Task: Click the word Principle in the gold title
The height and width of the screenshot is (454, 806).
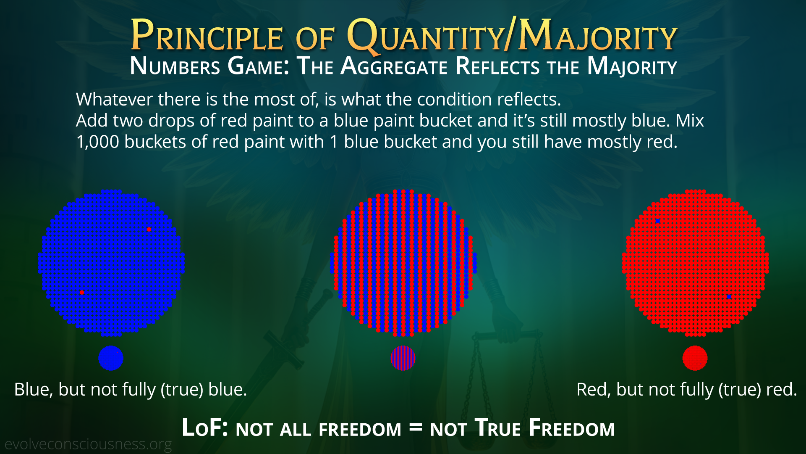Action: (207, 35)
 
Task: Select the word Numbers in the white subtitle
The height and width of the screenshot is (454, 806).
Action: (175, 66)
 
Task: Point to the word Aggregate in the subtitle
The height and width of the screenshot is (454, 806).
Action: (394, 66)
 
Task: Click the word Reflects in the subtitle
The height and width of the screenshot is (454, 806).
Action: (497, 66)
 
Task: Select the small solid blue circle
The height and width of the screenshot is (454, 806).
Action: (111, 358)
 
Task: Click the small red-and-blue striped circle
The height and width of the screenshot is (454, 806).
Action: (403, 358)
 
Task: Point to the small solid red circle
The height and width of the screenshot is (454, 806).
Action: (695, 358)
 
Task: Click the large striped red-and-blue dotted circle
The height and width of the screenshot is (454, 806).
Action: (403, 263)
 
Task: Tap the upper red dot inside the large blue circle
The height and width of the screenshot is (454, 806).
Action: (149, 230)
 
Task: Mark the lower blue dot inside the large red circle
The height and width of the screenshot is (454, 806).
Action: (729, 297)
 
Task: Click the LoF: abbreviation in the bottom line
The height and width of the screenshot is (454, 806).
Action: (205, 428)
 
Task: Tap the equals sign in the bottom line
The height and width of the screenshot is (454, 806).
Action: (416, 428)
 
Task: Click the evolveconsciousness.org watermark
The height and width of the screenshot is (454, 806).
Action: (88, 444)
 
